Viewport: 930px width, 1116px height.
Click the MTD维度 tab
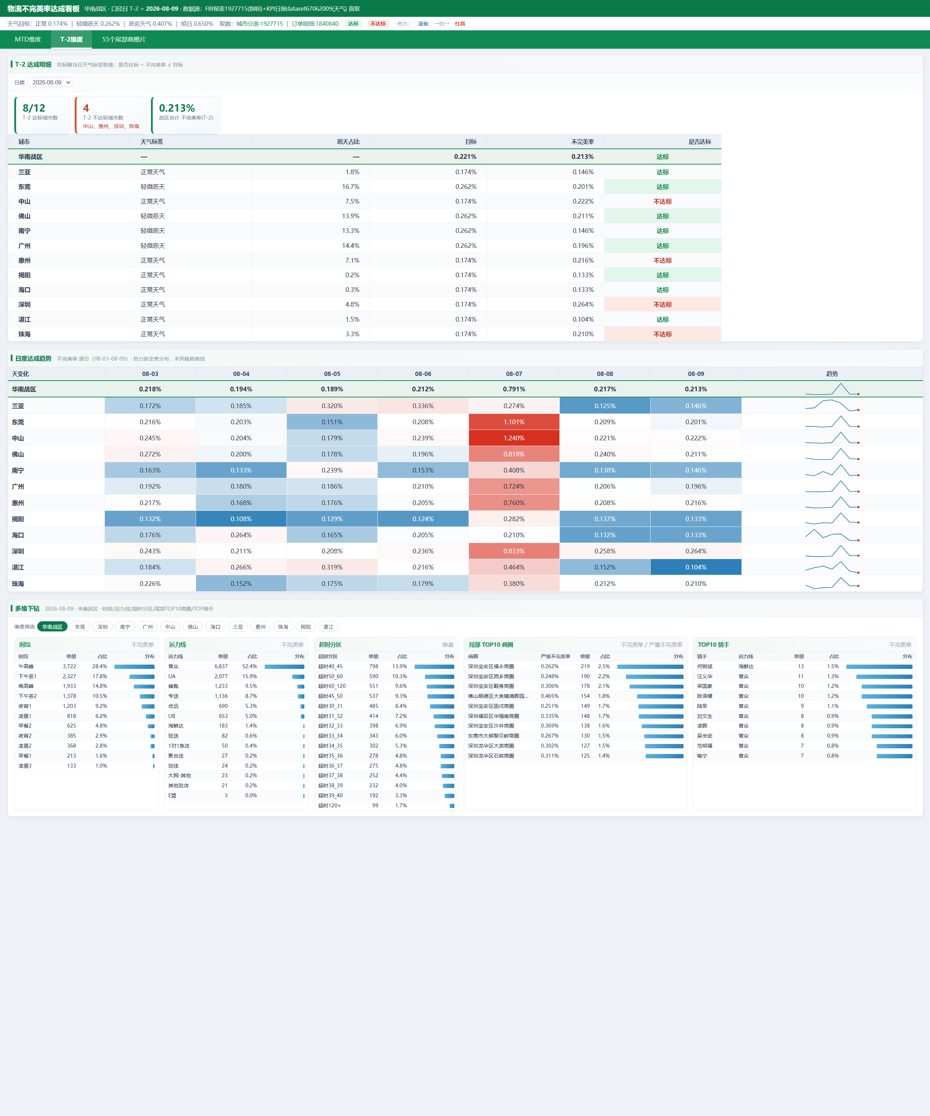point(28,39)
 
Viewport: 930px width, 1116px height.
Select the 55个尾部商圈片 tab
point(124,39)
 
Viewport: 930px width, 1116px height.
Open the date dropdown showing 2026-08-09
point(49,82)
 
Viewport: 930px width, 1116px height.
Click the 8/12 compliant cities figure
point(34,108)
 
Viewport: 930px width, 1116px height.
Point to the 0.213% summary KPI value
point(177,108)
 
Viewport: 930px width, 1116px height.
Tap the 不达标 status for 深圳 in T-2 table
point(663,304)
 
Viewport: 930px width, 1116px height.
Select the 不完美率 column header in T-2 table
point(582,142)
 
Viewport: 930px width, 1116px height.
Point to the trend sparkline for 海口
point(832,535)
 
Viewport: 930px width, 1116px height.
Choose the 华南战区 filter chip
point(52,627)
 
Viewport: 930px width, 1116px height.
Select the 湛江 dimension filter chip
point(328,627)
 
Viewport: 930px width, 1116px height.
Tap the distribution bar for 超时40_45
point(434,666)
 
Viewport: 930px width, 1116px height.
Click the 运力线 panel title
point(177,645)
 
